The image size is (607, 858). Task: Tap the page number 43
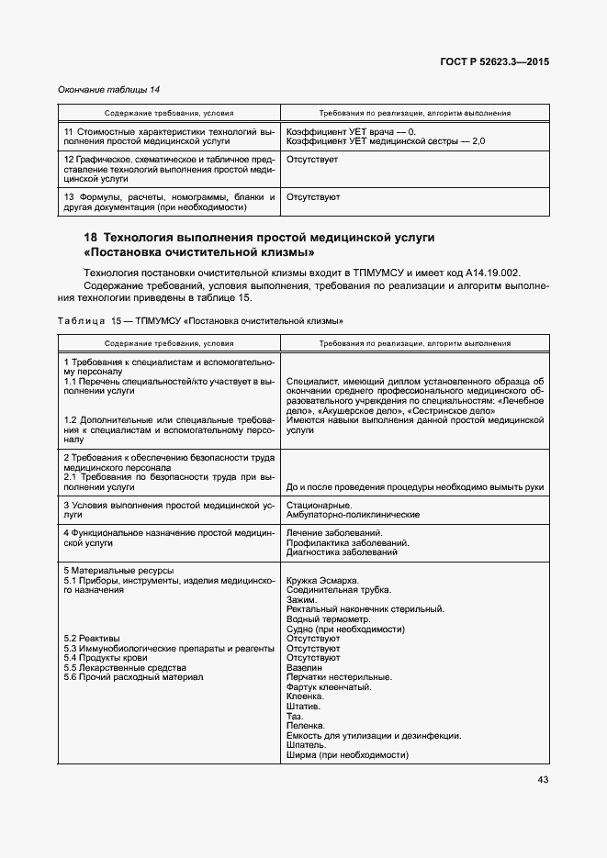543,780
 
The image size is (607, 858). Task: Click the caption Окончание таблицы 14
108,89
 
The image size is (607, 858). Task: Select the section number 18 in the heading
91,237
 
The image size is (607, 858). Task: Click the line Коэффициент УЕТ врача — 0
352,132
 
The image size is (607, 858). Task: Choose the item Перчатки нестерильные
339,678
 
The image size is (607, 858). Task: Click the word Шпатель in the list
306,745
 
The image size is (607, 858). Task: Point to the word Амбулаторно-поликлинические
353,515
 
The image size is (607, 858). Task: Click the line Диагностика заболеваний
342,552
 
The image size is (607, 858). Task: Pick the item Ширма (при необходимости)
346,754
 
